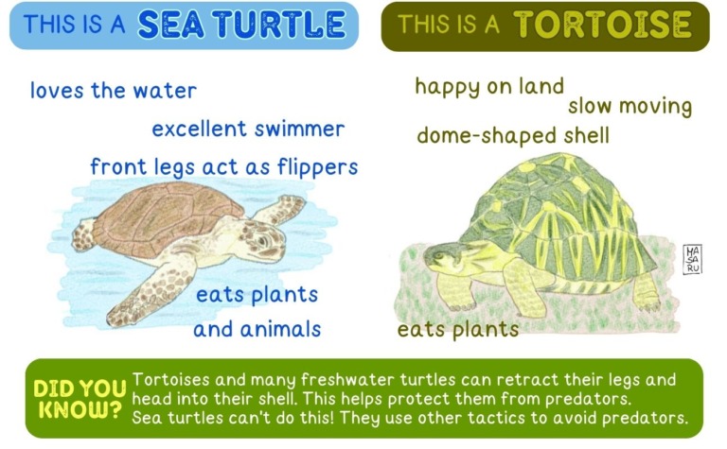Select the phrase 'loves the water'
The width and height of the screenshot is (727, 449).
pyautogui.click(x=114, y=91)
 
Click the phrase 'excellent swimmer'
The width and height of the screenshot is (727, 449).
pyautogui.click(x=248, y=129)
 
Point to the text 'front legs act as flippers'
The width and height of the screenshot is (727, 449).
pyautogui.click(x=224, y=167)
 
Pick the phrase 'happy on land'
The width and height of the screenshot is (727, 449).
pyautogui.click(x=489, y=87)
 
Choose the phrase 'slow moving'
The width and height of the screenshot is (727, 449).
pyautogui.click(x=629, y=106)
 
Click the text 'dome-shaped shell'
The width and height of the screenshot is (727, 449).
pyautogui.click(x=513, y=136)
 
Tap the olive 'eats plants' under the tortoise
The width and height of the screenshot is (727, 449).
pyautogui.click(x=458, y=330)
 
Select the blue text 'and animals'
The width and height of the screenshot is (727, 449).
pyautogui.click(x=257, y=330)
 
